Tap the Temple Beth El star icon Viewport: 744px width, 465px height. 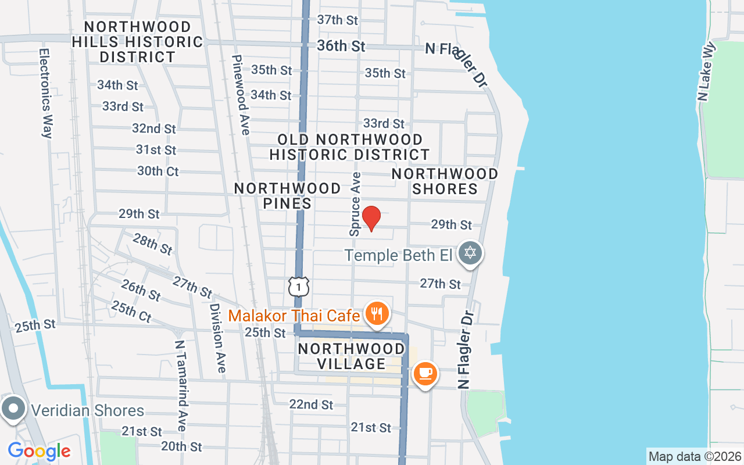click(470, 253)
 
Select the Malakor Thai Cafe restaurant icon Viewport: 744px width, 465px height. click(377, 314)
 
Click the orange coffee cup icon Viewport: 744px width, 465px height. click(425, 373)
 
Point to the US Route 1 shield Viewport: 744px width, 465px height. click(298, 286)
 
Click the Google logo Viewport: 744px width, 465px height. click(39, 450)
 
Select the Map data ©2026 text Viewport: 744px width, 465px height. click(695, 456)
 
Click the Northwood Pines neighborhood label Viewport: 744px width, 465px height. click(288, 195)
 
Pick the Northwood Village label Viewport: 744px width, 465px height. click(351, 356)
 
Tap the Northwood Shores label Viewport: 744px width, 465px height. click(445, 181)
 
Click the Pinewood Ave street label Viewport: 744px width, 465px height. click(241, 94)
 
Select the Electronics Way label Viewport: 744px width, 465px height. click(46, 93)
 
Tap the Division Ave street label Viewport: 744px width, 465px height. click(217, 338)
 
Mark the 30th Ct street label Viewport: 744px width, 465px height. click(158, 171)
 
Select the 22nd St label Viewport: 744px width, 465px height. click(312, 404)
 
